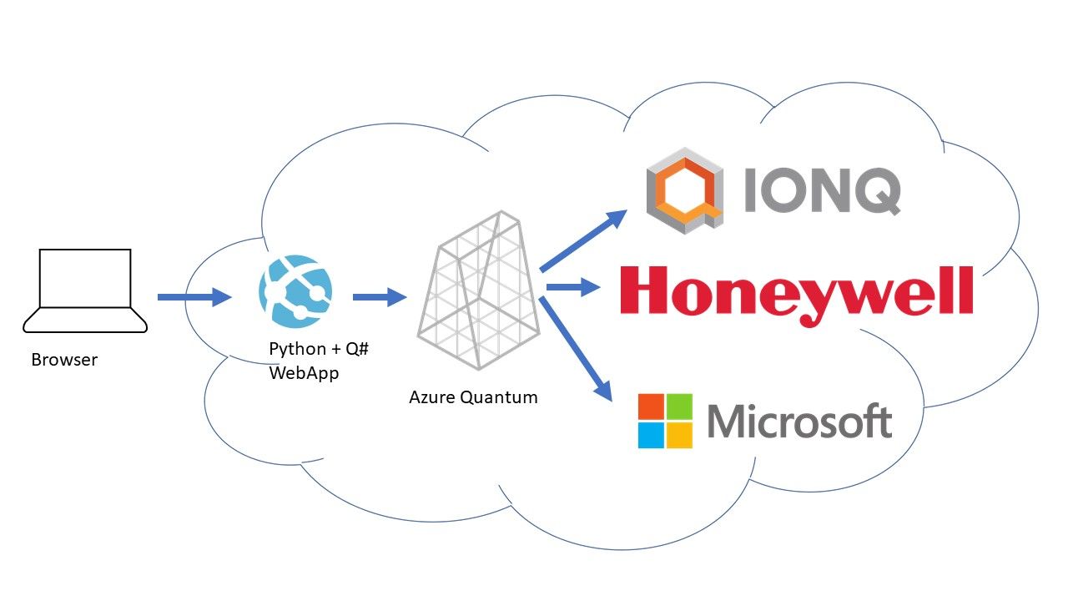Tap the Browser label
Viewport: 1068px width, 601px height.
[64, 361]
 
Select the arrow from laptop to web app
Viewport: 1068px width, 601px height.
[194, 296]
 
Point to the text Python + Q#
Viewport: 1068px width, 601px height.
[318, 348]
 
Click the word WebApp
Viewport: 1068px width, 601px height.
[304, 373]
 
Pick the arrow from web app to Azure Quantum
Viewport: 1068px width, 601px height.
[379, 296]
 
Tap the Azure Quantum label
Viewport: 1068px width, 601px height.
[473, 397]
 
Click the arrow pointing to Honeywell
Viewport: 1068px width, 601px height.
[572, 287]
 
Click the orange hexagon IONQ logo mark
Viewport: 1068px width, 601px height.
[683, 191]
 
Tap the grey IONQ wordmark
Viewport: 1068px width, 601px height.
[821, 193]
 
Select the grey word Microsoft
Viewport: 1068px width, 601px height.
[798, 422]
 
